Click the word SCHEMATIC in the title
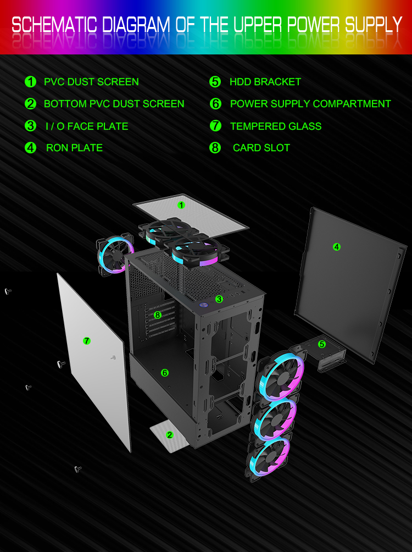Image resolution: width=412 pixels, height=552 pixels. click(x=54, y=25)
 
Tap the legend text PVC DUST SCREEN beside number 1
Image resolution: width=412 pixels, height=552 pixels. click(x=91, y=82)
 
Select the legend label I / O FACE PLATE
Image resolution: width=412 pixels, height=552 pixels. click(x=87, y=126)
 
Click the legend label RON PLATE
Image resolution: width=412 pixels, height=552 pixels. click(x=74, y=147)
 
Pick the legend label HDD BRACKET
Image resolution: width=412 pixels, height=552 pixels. click(x=265, y=82)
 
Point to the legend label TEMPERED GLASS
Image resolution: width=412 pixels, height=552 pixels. click(x=276, y=126)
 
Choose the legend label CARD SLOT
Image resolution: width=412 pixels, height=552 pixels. click(x=261, y=147)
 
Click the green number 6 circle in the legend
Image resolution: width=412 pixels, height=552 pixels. click(x=215, y=103)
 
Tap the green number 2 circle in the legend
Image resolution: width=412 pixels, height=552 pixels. click(x=31, y=103)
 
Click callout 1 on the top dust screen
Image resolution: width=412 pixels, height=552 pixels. click(x=181, y=205)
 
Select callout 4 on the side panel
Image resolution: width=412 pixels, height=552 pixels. click(x=336, y=247)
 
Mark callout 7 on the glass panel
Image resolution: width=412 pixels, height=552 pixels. click(x=87, y=340)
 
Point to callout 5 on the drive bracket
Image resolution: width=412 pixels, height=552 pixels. click(x=321, y=344)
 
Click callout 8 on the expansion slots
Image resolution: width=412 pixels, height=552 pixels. click(x=157, y=314)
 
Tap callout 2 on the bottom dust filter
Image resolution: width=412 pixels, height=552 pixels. click(x=170, y=435)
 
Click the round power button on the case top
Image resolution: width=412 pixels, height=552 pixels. click(x=203, y=305)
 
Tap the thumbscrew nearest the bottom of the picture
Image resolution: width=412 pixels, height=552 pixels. click(x=78, y=469)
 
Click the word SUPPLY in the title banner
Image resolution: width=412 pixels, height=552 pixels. click(x=374, y=25)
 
